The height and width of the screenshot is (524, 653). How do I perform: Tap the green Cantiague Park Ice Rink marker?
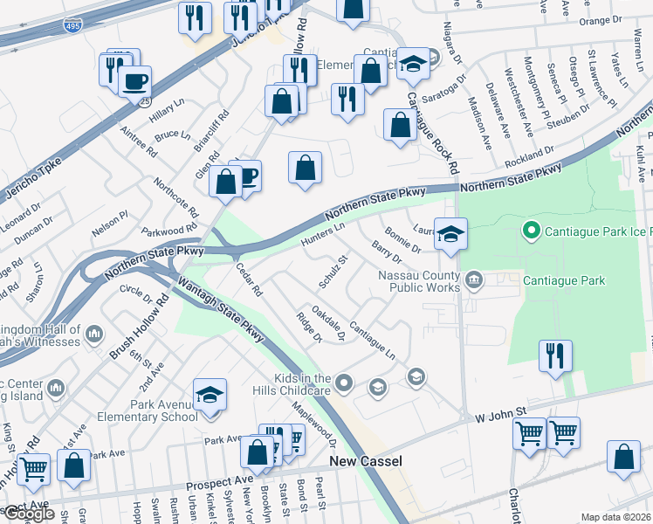[529, 231]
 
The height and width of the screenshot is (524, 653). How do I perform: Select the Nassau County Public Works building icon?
[474, 280]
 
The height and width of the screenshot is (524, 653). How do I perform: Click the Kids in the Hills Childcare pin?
[344, 382]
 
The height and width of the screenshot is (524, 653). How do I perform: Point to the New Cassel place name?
[364, 460]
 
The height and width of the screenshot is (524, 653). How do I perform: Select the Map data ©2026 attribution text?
[615, 517]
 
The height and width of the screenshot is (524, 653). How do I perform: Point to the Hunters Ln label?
[324, 234]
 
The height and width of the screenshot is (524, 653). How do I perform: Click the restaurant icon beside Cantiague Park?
[555, 355]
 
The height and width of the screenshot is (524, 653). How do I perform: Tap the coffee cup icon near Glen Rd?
[247, 176]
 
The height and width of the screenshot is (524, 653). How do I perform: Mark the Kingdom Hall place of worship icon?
[94, 334]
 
